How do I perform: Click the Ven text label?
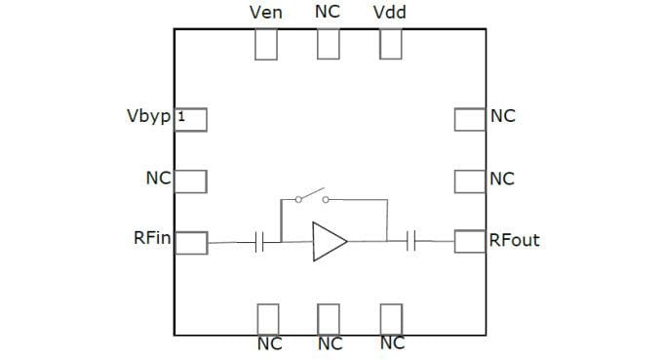click(266, 13)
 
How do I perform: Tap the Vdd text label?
click(390, 13)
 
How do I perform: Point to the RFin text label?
click(152, 240)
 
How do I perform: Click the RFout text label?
click(514, 240)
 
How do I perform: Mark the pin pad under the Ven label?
click(266, 44)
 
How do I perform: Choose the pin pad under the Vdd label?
click(391, 44)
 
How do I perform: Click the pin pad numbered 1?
click(190, 119)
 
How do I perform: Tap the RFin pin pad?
click(191, 242)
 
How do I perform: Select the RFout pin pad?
click(470, 241)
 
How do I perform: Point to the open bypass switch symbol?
click(311, 198)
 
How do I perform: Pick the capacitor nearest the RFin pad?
click(259, 242)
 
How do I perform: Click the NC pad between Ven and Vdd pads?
click(329, 44)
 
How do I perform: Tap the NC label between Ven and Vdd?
click(329, 13)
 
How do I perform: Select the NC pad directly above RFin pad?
click(190, 180)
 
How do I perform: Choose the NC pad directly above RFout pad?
click(470, 180)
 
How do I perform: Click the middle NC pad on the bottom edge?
click(329, 318)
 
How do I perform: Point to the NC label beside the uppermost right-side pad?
click(503, 117)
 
